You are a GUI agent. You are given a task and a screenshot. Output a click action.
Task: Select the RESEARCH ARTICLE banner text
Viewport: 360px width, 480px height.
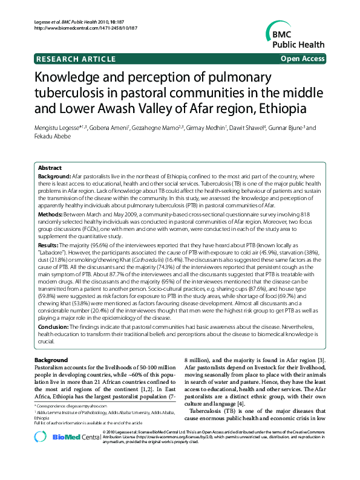tap(77, 59)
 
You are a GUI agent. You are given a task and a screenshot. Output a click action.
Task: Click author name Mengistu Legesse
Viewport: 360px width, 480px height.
tap(59, 128)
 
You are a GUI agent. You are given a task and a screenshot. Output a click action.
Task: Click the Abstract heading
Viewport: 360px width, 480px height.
tap(50, 168)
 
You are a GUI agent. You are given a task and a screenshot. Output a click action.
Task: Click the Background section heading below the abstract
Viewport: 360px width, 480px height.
tap(51, 360)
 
